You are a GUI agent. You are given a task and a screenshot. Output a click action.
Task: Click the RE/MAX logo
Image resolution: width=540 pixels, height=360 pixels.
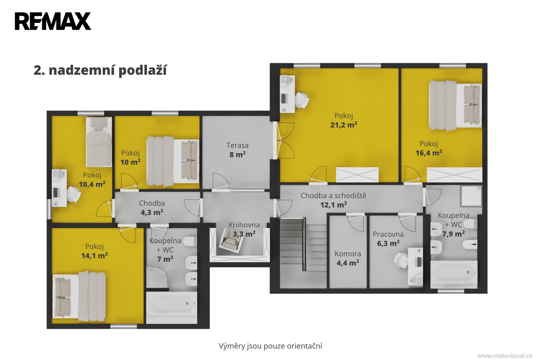53,21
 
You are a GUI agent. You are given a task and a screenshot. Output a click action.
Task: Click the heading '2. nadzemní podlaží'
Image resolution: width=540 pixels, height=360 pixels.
100,71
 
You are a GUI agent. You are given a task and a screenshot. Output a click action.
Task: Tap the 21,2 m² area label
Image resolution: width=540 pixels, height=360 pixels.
344,125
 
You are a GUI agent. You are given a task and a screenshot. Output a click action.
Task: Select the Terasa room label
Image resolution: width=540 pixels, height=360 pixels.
237,145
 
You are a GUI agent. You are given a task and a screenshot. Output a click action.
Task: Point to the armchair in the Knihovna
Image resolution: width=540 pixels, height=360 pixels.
231,240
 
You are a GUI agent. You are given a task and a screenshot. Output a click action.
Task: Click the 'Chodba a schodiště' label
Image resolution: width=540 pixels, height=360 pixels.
333,196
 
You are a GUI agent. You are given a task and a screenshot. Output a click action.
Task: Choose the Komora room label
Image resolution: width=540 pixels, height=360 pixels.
348,254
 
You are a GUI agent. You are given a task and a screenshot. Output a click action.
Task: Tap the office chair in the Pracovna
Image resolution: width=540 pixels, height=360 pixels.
401,260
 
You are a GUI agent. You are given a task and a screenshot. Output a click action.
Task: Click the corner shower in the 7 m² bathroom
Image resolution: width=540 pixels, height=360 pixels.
157,277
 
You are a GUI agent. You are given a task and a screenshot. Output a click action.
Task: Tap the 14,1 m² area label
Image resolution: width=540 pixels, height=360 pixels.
94,256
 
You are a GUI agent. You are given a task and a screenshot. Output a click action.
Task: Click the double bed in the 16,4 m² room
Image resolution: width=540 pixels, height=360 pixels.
455,105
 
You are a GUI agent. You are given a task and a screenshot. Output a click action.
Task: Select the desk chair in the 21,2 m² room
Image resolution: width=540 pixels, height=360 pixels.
302,100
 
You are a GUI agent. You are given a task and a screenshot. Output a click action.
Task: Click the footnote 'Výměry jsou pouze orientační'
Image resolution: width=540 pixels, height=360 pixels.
270,346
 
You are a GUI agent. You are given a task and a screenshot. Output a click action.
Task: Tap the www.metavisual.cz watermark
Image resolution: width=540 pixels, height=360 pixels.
505,356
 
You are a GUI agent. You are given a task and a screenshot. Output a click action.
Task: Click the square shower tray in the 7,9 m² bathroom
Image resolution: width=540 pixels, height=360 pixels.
471,196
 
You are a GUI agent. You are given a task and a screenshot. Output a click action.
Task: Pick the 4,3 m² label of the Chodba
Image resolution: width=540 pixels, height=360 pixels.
152,212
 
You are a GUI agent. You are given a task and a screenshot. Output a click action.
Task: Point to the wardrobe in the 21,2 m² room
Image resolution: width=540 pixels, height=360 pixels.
357,175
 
